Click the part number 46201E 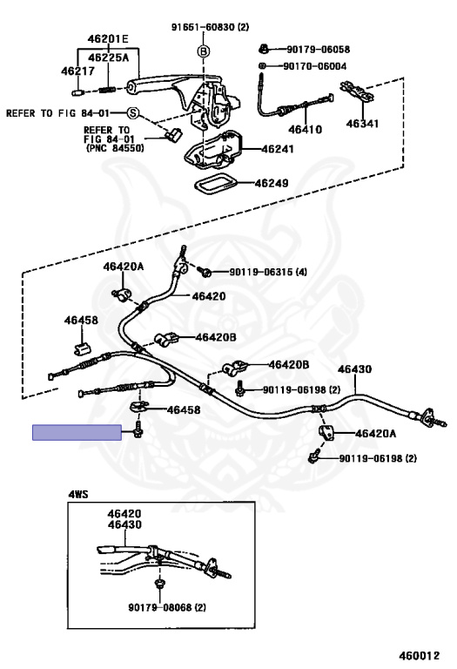108,39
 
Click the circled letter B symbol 203,53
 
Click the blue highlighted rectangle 77,432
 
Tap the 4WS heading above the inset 78,493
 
